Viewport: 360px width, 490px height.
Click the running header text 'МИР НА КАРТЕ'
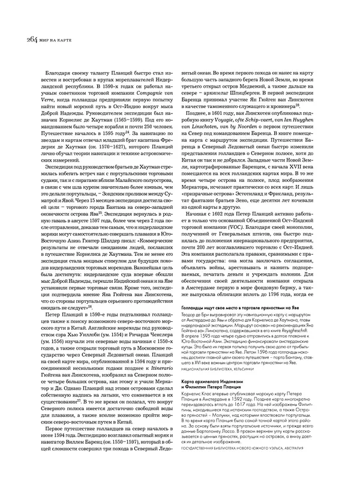(44, 41)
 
